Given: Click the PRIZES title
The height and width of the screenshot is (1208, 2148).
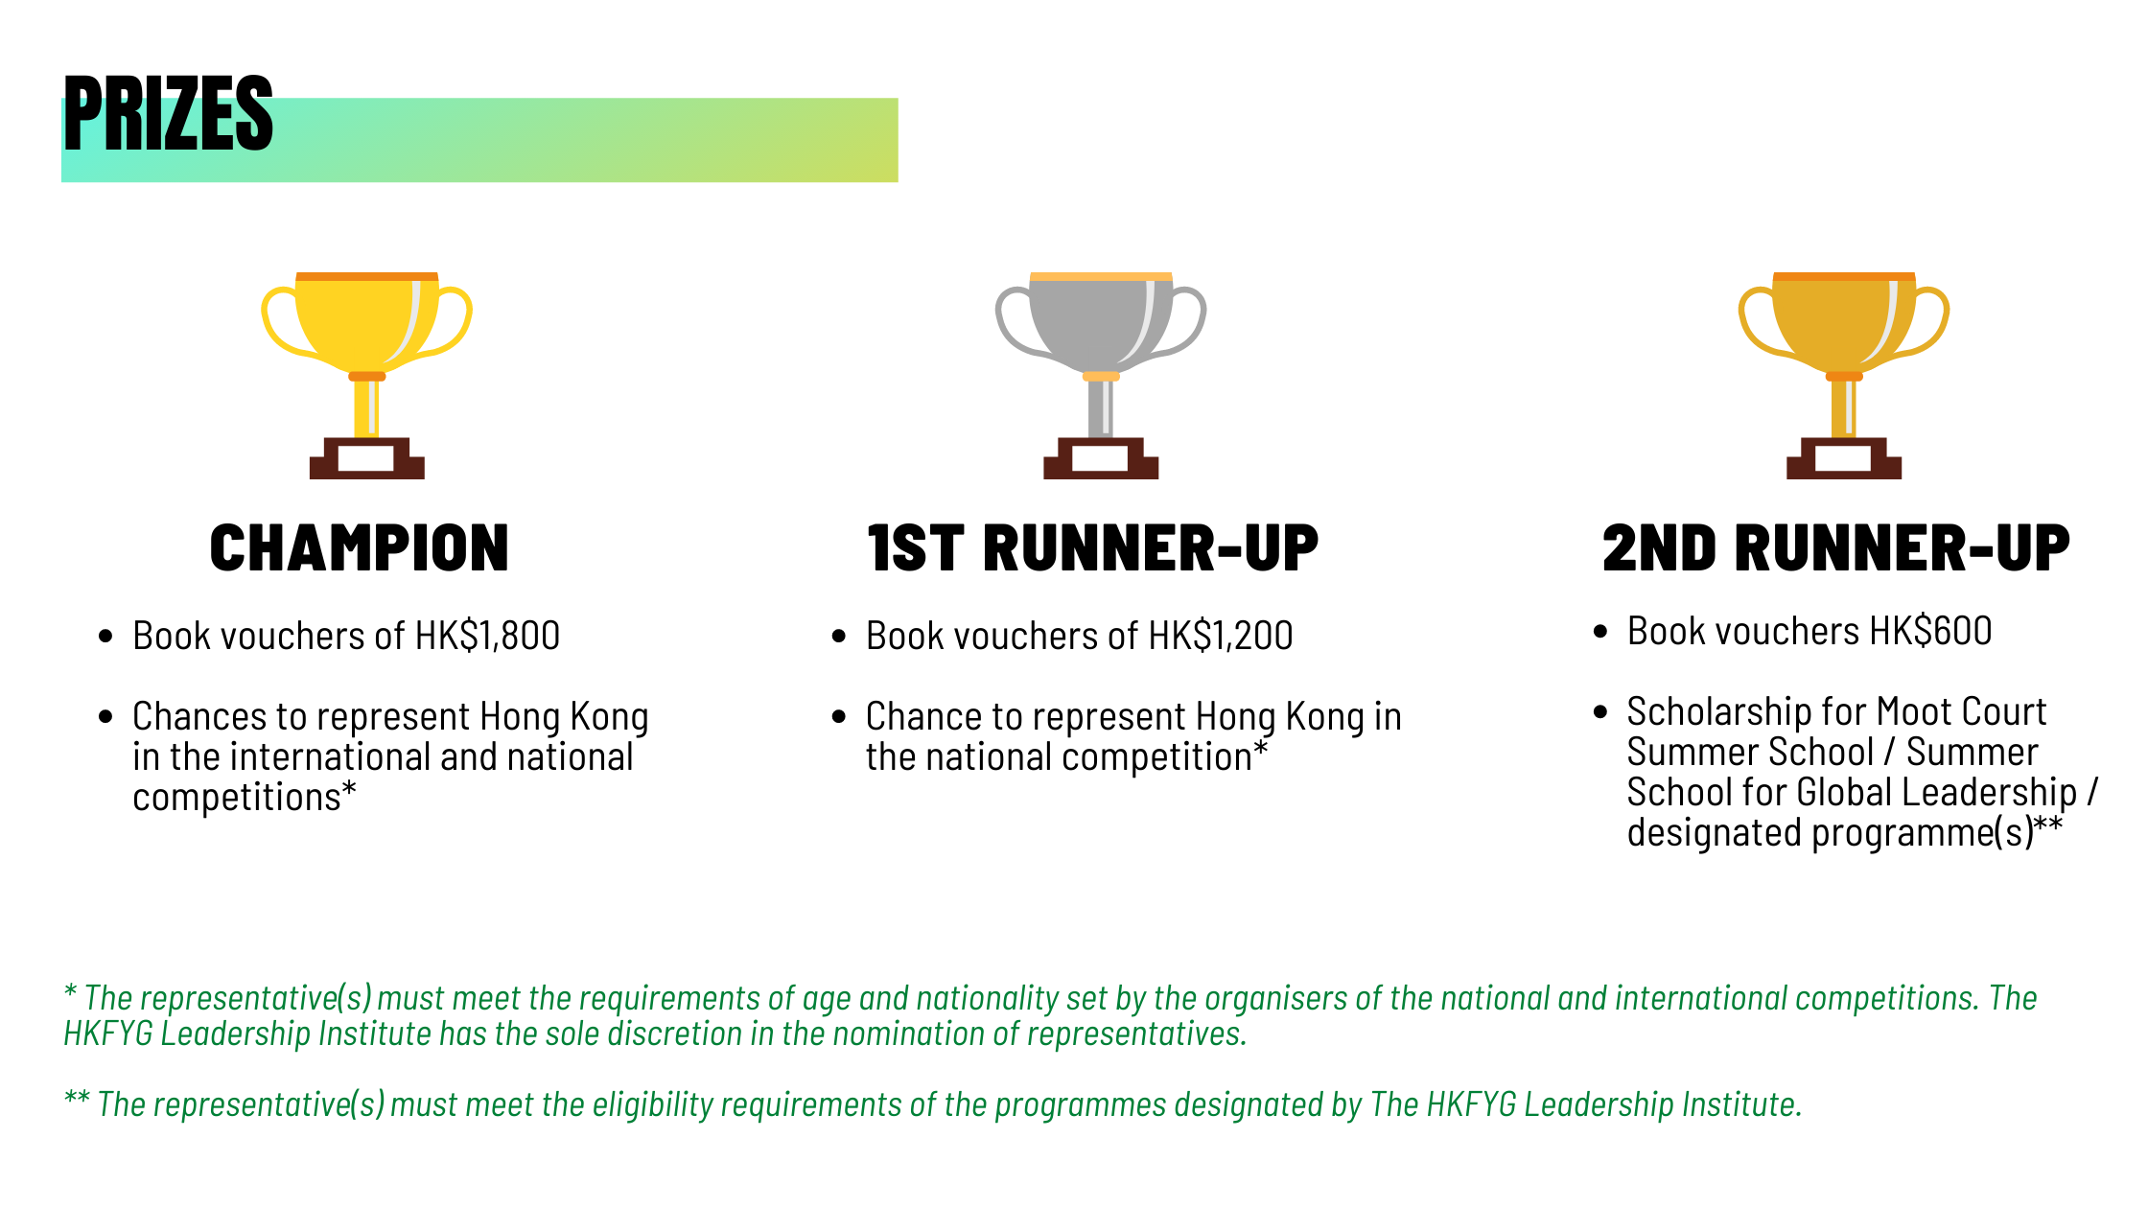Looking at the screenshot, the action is [169, 113].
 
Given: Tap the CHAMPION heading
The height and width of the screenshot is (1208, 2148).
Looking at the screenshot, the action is [360, 548].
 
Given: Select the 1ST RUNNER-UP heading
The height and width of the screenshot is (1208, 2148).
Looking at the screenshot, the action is [1093, 548].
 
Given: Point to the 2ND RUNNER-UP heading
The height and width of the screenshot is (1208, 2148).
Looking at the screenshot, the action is [1836, 548].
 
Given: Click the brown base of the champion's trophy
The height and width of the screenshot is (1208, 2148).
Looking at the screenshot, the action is [367, 458].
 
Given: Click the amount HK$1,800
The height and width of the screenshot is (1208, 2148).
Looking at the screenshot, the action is [487, 636].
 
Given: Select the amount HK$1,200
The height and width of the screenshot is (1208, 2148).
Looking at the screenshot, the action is [1221, 636].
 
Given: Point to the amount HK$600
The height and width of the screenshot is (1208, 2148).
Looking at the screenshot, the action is [1931, 631].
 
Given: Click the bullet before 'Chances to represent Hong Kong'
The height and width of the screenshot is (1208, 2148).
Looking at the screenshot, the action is [105, 717].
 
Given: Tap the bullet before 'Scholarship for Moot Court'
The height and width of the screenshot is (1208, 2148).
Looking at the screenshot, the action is [1599, 712].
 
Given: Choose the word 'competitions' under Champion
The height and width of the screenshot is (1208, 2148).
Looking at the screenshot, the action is [237, 798].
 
